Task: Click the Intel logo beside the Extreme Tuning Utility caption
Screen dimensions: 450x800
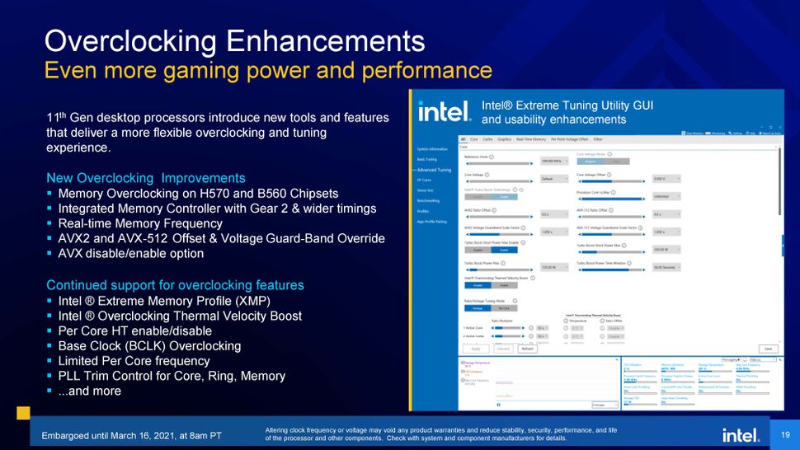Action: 445,111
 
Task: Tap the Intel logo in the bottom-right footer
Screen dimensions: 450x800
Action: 741,434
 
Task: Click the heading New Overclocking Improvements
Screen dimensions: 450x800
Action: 145,178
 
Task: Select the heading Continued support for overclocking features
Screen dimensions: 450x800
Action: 175,285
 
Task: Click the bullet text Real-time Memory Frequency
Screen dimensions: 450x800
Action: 140,223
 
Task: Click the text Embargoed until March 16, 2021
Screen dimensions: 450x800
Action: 132,434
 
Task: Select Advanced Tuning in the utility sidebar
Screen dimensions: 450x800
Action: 434,170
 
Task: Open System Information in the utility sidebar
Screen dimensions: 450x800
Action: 432,149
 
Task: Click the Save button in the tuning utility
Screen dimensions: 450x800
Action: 769,349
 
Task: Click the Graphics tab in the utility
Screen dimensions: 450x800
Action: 504,139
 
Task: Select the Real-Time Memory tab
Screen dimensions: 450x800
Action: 530,139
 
